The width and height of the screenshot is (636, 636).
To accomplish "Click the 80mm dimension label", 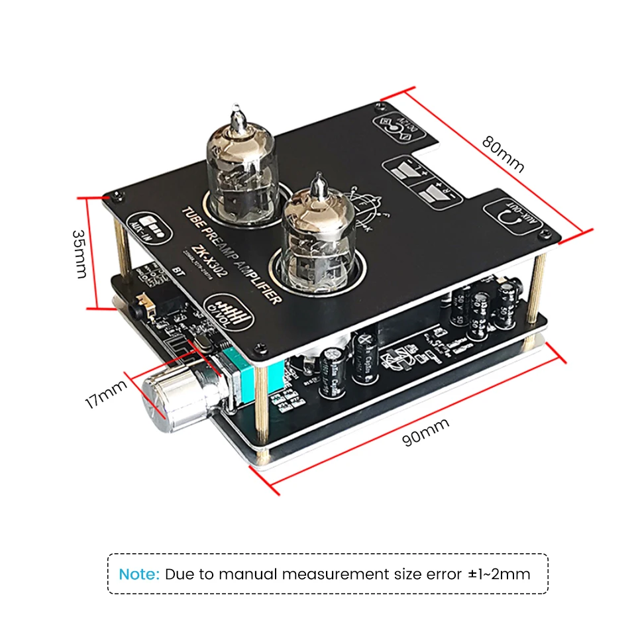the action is [x=503, y=154].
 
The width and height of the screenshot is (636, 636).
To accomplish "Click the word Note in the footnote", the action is [x=139, y=574].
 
